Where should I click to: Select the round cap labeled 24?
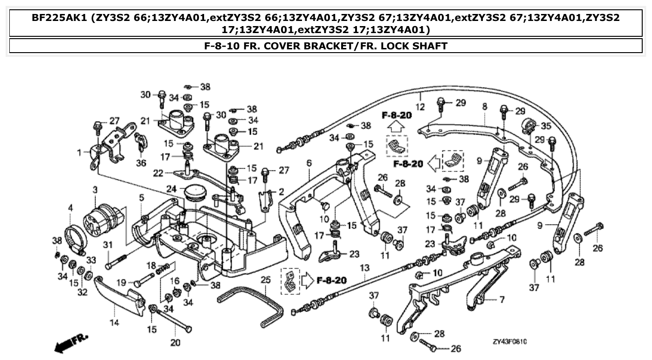pyautogui.click(x=196, y=193)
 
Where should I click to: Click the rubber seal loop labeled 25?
pyautogui.click(x=251, y=305)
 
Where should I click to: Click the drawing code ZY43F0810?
pyautogui.click(x=510, y=341)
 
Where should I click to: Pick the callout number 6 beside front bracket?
pyautogui.click(x=308, y=163)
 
